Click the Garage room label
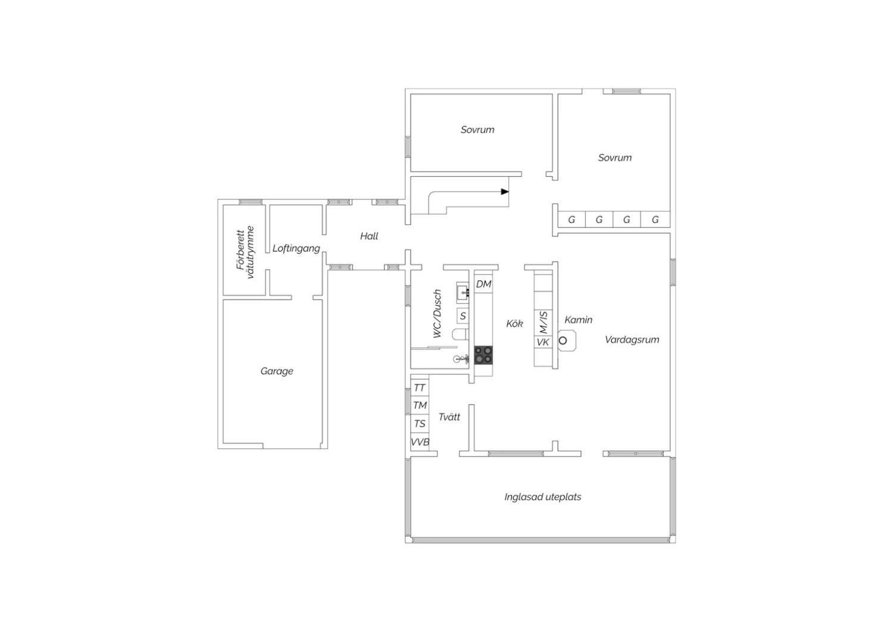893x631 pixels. point(277,371)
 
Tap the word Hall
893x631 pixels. point(369,236)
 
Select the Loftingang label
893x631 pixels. point(296,248)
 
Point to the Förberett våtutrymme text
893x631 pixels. point(245,252)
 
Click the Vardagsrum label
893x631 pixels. point(632,340)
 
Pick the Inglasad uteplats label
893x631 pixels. point(542,496)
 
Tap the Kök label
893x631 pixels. point(514,323)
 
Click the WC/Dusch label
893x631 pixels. point(438,314)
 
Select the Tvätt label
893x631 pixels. point(449,417)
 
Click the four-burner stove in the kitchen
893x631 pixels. point(483,355)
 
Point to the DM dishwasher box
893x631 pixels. point(483,284)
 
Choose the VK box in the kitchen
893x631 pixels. point(543,342)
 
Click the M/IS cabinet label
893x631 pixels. point(543,323)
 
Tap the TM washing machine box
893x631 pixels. point(420,405)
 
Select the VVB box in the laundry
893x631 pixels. point(420,442)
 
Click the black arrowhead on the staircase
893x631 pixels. point(505,192)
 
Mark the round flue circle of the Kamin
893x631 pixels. point(563,341)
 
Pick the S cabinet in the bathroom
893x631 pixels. point(463,316)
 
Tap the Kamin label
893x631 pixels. point(579,320)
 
